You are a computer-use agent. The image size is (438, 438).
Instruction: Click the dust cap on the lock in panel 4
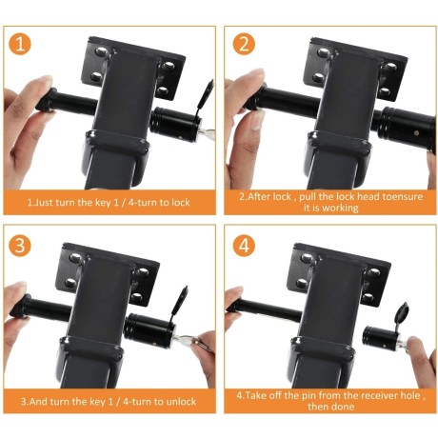401,312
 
